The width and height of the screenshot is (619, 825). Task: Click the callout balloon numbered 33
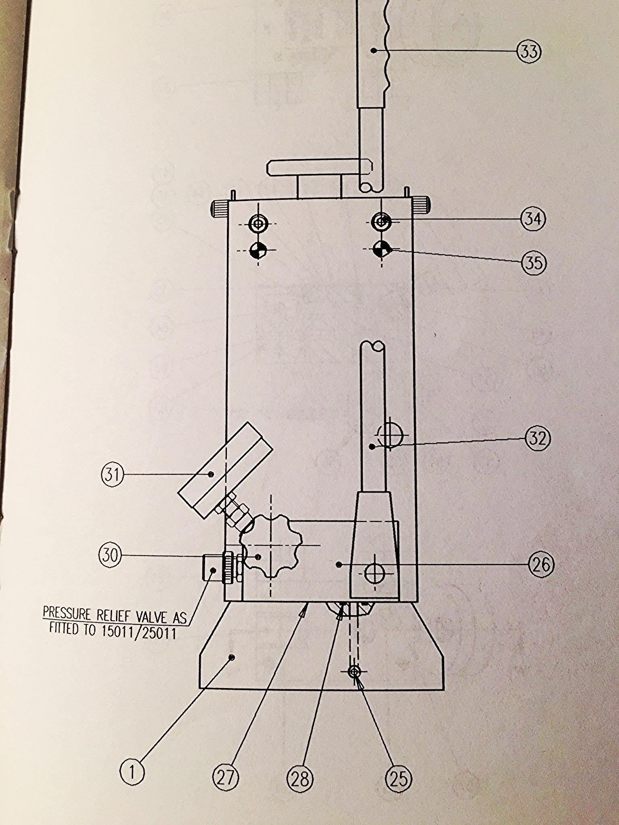pyautogui.click(x=529, y=52)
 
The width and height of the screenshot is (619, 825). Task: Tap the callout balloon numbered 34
pyautogui.click(x=533, y=219)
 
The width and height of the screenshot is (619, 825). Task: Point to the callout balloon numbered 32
pyautogui.click(x=538, y=438)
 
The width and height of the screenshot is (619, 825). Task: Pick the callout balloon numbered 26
pyautogui.click(x=541, y=565)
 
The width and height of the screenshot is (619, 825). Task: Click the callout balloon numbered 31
pyautogui.click(x=112, y=475)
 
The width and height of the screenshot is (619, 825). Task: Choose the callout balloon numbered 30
pyautogui.click(x=110, y=556)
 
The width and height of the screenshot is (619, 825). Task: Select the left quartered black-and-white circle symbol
pyautogui.click(x=258, y=250)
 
